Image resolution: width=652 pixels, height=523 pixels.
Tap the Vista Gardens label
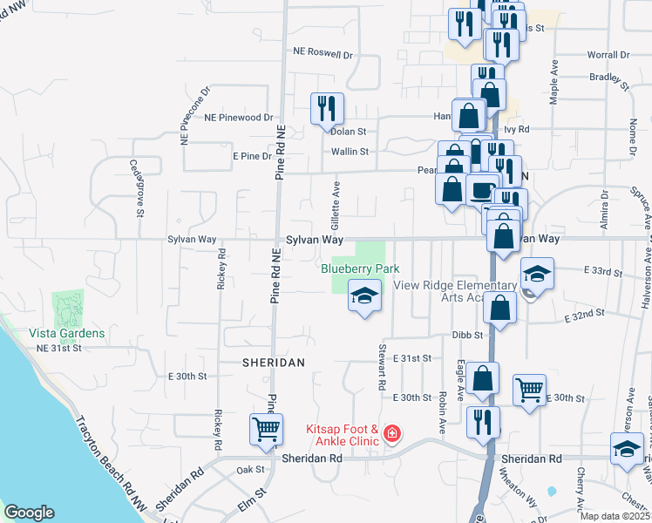[x=66, y=333]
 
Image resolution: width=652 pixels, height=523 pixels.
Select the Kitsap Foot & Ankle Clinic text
[x=342, y=435]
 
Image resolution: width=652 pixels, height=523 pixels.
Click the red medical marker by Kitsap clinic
[x=392, y=433]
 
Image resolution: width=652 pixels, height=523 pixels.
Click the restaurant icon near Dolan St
[x=328, y=108]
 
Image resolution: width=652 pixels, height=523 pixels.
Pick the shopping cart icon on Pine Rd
[x=267, y=428]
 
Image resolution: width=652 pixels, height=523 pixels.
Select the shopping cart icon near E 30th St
[x=530, y=390]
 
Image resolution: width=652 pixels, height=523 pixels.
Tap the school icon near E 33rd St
[x=537, y=274]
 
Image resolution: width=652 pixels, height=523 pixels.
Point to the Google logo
[x=29, y=513]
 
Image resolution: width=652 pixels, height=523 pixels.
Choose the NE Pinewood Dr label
[x=239, y=117]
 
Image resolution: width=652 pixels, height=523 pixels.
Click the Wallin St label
[x=350, y=151]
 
